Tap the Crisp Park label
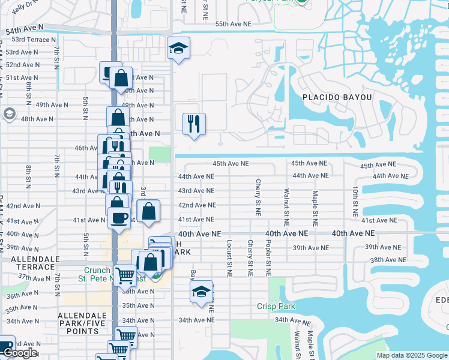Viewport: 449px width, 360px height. coord(276,306)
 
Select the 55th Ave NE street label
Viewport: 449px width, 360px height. coord(232,23)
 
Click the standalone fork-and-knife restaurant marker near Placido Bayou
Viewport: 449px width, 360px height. coord(193,124)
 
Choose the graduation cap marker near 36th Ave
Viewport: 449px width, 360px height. coord(200,292)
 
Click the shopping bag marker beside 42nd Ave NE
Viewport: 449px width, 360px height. coord(148,212)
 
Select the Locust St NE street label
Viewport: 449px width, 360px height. coord(229,258)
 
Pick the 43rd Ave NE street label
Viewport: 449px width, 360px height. coord(196,191)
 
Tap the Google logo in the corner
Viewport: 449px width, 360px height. coord(20,353)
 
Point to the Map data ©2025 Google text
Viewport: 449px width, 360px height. coord(411,355)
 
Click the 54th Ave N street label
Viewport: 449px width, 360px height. coord(25,28)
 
